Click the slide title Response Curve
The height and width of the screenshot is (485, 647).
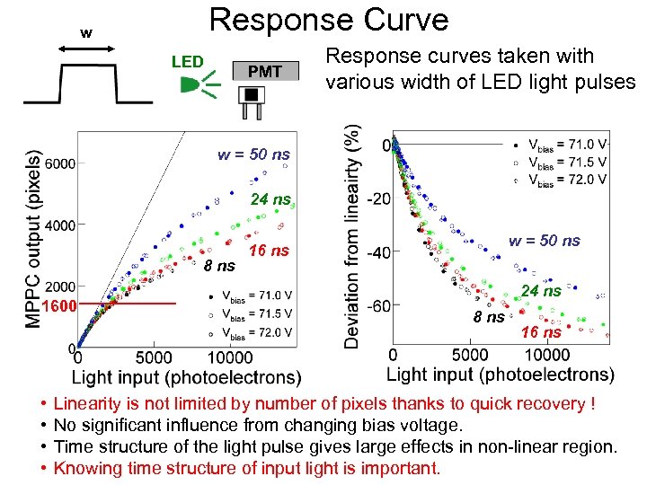(328, 20)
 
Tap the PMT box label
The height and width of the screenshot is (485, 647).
(264, 72)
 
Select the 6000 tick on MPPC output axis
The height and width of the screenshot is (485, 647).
(58, 163)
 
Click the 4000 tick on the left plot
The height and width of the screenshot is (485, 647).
(58, 225)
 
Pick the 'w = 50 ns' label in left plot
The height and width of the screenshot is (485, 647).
(253, 154)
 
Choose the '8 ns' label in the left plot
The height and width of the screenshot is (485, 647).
(220, 266)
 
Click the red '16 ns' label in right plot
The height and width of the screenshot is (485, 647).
(541, 332)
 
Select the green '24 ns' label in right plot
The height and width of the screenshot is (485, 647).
(542, 290)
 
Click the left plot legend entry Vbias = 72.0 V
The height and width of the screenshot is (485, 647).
(260, 332)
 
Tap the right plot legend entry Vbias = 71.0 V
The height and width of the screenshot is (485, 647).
(566, 144)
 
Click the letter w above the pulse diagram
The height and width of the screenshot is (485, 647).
(86, 33)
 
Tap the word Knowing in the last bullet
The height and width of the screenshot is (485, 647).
(90, 468)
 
